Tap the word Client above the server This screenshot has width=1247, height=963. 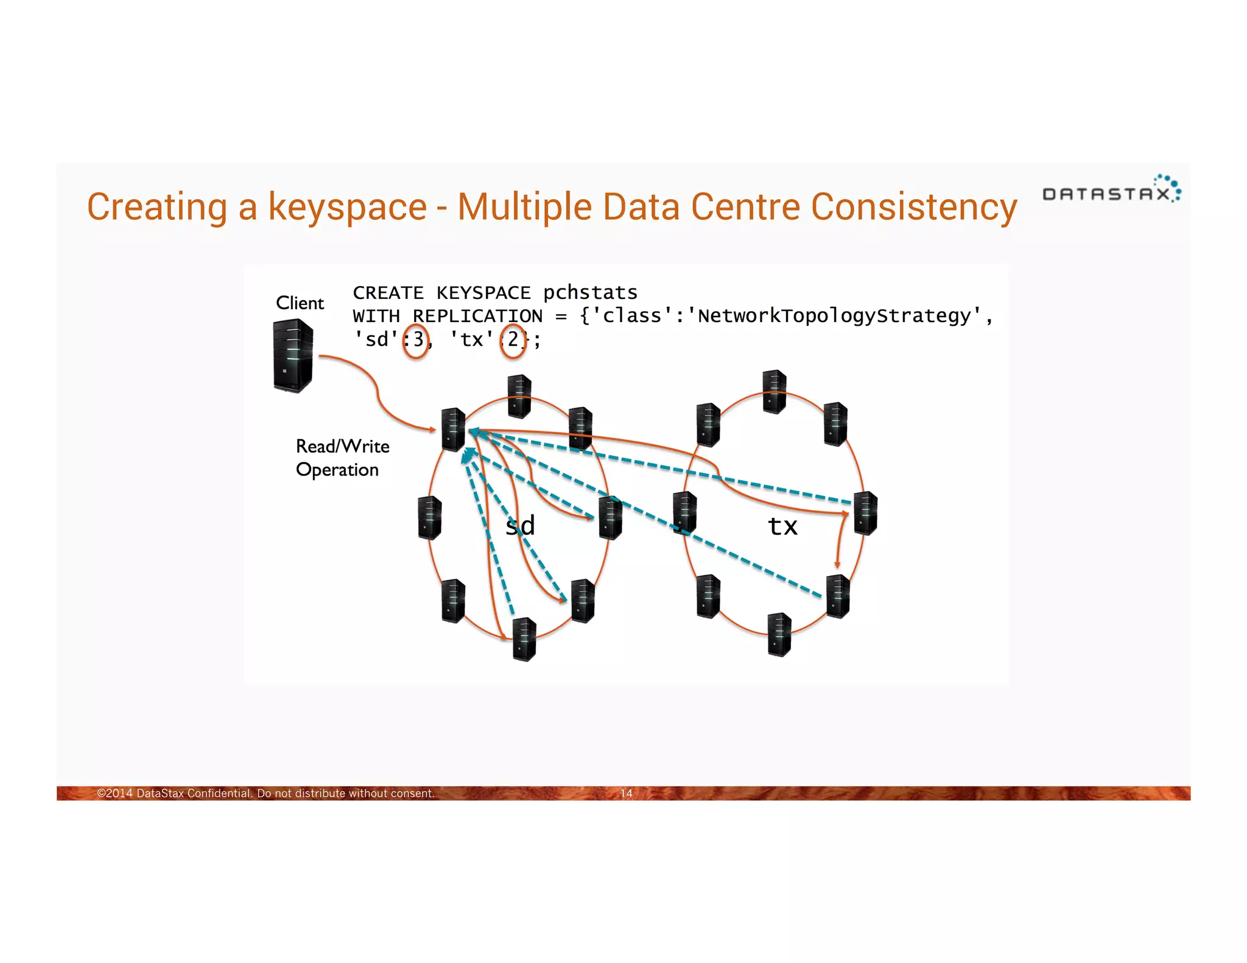pos(300,303)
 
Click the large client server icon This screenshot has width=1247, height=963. pos(293,356)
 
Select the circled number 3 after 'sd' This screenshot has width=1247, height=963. pos(417,340)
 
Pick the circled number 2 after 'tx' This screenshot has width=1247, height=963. pos(513,340)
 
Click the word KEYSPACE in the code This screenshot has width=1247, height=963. pos(483,293)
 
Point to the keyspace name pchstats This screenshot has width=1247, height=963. pos(590,293)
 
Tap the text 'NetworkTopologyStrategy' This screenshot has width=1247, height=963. pos(834,316)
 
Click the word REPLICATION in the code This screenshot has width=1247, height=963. pos(477,316)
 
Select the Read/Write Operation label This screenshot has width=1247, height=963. pos(342,458)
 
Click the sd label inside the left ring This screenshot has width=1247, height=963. pos(521,525)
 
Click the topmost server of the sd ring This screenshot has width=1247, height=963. pos(519,396)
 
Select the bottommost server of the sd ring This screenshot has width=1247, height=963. pos(524,639)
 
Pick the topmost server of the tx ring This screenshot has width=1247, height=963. pos(774,391)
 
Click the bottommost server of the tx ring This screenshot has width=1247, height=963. pos(779,634)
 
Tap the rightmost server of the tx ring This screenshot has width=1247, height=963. pos(865,513)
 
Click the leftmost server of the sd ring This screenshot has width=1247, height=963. pos(430,517)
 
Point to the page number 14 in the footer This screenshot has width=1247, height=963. pos(627,793)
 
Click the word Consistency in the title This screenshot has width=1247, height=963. pos(914,207)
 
